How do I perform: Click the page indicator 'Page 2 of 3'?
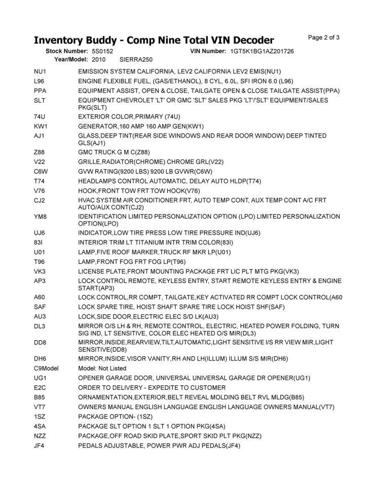pos(323,37)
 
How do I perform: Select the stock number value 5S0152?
pos(103,52)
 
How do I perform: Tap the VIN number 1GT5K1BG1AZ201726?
pos(262,52)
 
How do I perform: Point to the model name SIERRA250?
pos(136,60)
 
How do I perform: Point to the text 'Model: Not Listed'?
pos(102,368)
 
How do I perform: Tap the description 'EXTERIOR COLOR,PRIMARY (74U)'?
pos(129,116)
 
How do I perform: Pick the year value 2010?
pos(99,60)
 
